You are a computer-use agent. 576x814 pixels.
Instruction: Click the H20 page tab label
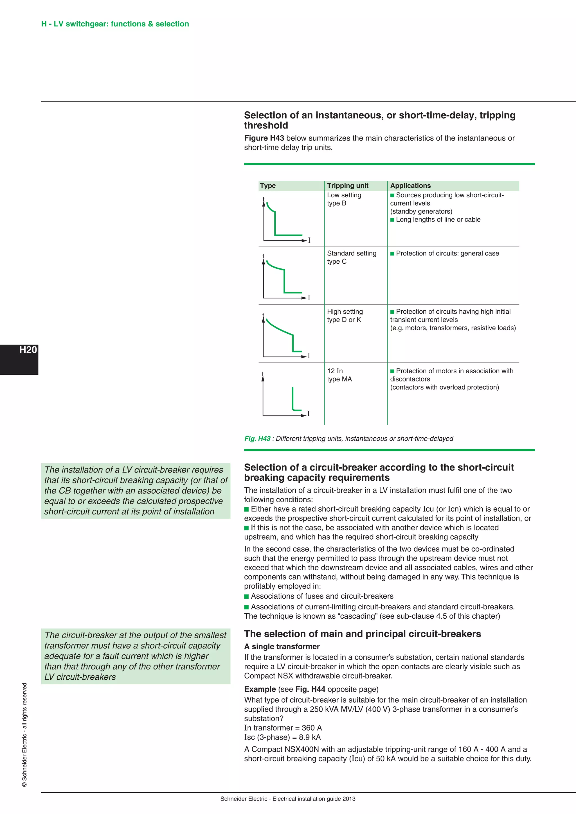pos(28,350)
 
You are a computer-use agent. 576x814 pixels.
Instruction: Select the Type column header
pos(268,186)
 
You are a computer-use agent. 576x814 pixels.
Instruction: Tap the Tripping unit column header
pos(348,186)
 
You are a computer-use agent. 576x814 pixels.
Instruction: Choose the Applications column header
pos(410,186)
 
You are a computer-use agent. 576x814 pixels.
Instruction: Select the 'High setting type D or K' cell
pos(345,316)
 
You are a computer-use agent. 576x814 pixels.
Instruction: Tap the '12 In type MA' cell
pos(339,375)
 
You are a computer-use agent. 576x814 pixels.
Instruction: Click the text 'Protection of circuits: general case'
pos(447,254)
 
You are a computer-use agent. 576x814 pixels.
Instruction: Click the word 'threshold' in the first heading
pos(266,126)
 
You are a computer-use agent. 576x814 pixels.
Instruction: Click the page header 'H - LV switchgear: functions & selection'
pos(115,24)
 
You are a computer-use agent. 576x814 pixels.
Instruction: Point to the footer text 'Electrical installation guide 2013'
pos(314,799)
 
